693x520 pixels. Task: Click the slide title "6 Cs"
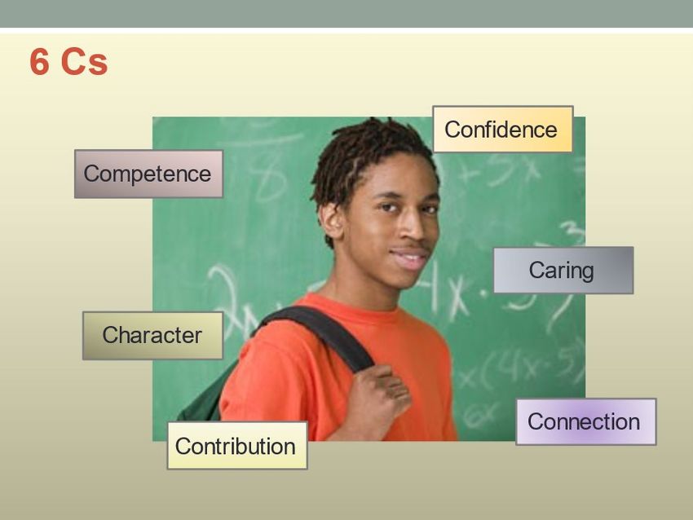(68, 62)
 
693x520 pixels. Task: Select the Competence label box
(148, 174)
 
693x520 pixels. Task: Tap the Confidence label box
(502, 129)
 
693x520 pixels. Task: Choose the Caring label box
(563, 270)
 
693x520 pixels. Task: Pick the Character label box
(152, 335)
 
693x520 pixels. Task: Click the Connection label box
(585, 421)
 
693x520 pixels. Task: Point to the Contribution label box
(237, 445)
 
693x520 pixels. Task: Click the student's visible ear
(332, 219)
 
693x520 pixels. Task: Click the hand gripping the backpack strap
(380, 393)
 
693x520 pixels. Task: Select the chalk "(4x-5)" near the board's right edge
(531, 367)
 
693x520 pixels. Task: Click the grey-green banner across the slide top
(346, 14)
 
